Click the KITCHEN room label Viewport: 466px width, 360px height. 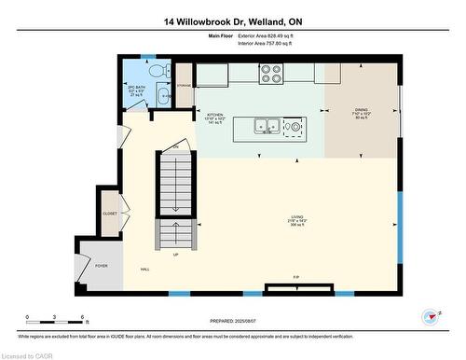pos(214,114)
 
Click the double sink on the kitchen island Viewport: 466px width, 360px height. pos(262,125)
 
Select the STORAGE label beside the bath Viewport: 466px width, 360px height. pos(185,85)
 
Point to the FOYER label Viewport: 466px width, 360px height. pos(101,266)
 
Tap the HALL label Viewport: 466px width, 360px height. pos(145,269)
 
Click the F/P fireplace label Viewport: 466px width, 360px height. pos(296,278)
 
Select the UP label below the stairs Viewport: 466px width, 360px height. pos(174,253)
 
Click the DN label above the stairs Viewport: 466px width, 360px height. pos(174,147)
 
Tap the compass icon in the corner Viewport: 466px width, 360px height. pos(430,315)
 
